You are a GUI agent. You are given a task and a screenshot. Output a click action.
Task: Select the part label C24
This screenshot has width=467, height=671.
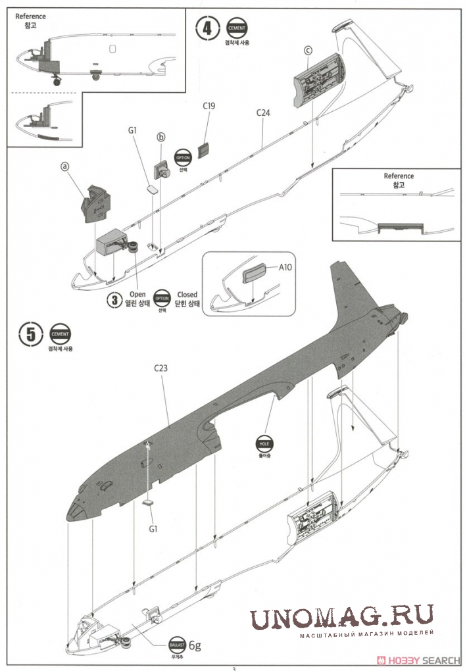(263, 112)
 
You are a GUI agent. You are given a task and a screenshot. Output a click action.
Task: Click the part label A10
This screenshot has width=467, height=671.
(285, 267)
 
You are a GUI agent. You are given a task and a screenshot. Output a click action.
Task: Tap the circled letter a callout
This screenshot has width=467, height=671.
(64, 166)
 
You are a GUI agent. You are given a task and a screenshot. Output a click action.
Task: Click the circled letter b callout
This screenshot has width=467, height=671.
(161, 137)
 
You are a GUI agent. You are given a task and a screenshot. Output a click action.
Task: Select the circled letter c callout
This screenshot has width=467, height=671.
(308, 51)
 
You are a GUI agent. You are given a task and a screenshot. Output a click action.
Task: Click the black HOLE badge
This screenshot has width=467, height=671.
(264, 443)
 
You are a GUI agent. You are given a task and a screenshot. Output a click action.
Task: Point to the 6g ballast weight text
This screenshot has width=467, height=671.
(196, 644)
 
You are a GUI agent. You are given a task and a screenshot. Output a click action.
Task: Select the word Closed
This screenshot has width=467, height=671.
(187, 295)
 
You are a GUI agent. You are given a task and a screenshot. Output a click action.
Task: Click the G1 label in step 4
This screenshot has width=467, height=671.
(132, 130)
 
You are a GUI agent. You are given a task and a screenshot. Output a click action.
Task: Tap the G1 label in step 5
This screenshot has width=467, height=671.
(153, 528)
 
